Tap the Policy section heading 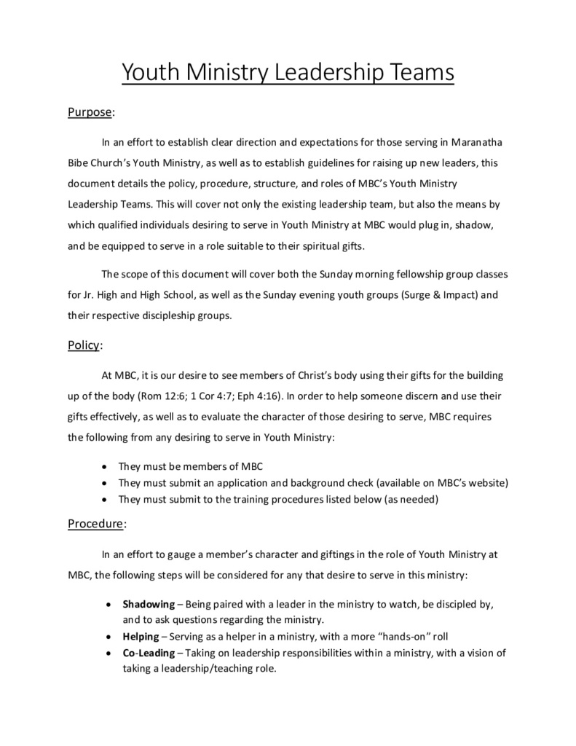(x=84, y=345)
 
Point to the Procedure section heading (x=97, y=523)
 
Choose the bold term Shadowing (x=149, y=605)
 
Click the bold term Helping (x=141, y=636)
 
